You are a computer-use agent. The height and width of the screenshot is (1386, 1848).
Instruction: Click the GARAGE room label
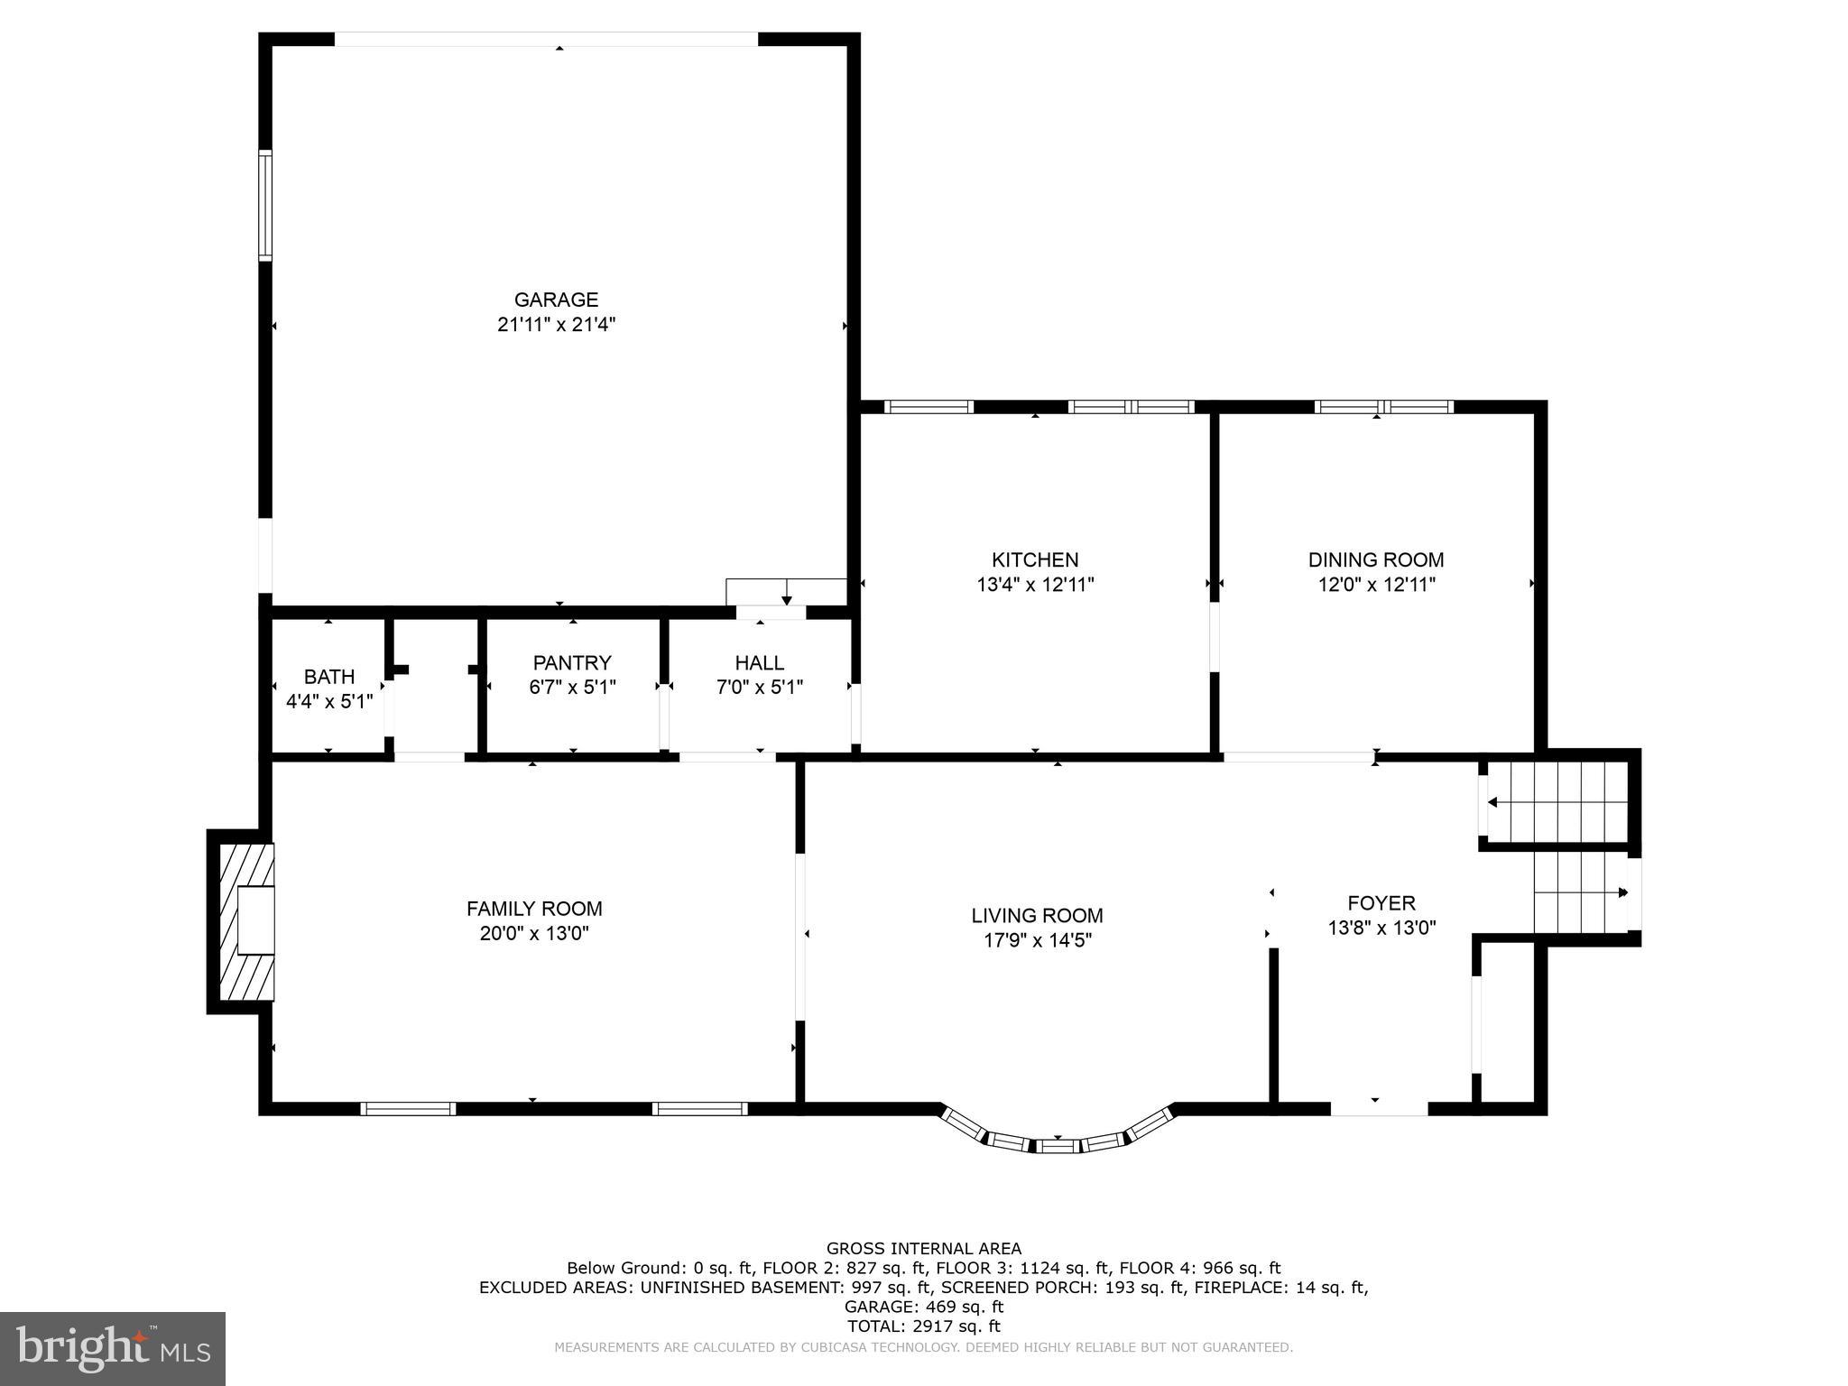(x=556, y=300)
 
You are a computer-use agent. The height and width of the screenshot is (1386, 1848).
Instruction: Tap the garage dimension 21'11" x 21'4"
(x=556, y=325)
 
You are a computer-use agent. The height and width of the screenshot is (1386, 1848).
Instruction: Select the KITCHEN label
(x=1035, y=559)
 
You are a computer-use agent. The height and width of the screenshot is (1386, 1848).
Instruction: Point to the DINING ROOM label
(x=1376, y=559)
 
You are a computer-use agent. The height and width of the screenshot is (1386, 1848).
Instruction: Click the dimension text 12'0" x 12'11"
(x=1376, y=585)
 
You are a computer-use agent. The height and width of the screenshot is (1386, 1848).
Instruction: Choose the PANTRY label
(x=572, y=662)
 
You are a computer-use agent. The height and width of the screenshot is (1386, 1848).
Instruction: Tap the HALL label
(x=760, y=662)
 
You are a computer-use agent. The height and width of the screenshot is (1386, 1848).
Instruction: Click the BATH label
(x=329, y=677)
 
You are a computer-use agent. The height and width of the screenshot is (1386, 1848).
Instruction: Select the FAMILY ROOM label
(x=534, y=909)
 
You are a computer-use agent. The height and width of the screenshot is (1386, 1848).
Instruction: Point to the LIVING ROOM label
(x=1037, y=916)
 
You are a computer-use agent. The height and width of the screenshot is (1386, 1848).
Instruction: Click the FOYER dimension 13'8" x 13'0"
(x=1381, y=928)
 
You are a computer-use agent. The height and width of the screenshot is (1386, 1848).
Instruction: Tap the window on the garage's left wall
(x=265, y=206)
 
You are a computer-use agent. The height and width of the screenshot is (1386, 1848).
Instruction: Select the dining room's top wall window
(x=1383, y=407)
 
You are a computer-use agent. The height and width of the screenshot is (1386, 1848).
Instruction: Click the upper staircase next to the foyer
(x=1557, y=800)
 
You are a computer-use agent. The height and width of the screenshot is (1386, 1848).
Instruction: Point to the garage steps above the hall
(x=785, y=591)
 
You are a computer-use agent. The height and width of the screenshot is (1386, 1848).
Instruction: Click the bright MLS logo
(x=113, y=1349)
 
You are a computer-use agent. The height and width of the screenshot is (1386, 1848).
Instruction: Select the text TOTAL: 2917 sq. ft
(x=923, y=1326)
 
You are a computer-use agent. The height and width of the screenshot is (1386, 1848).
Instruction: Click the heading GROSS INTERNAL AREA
(x=923, y=1249)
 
